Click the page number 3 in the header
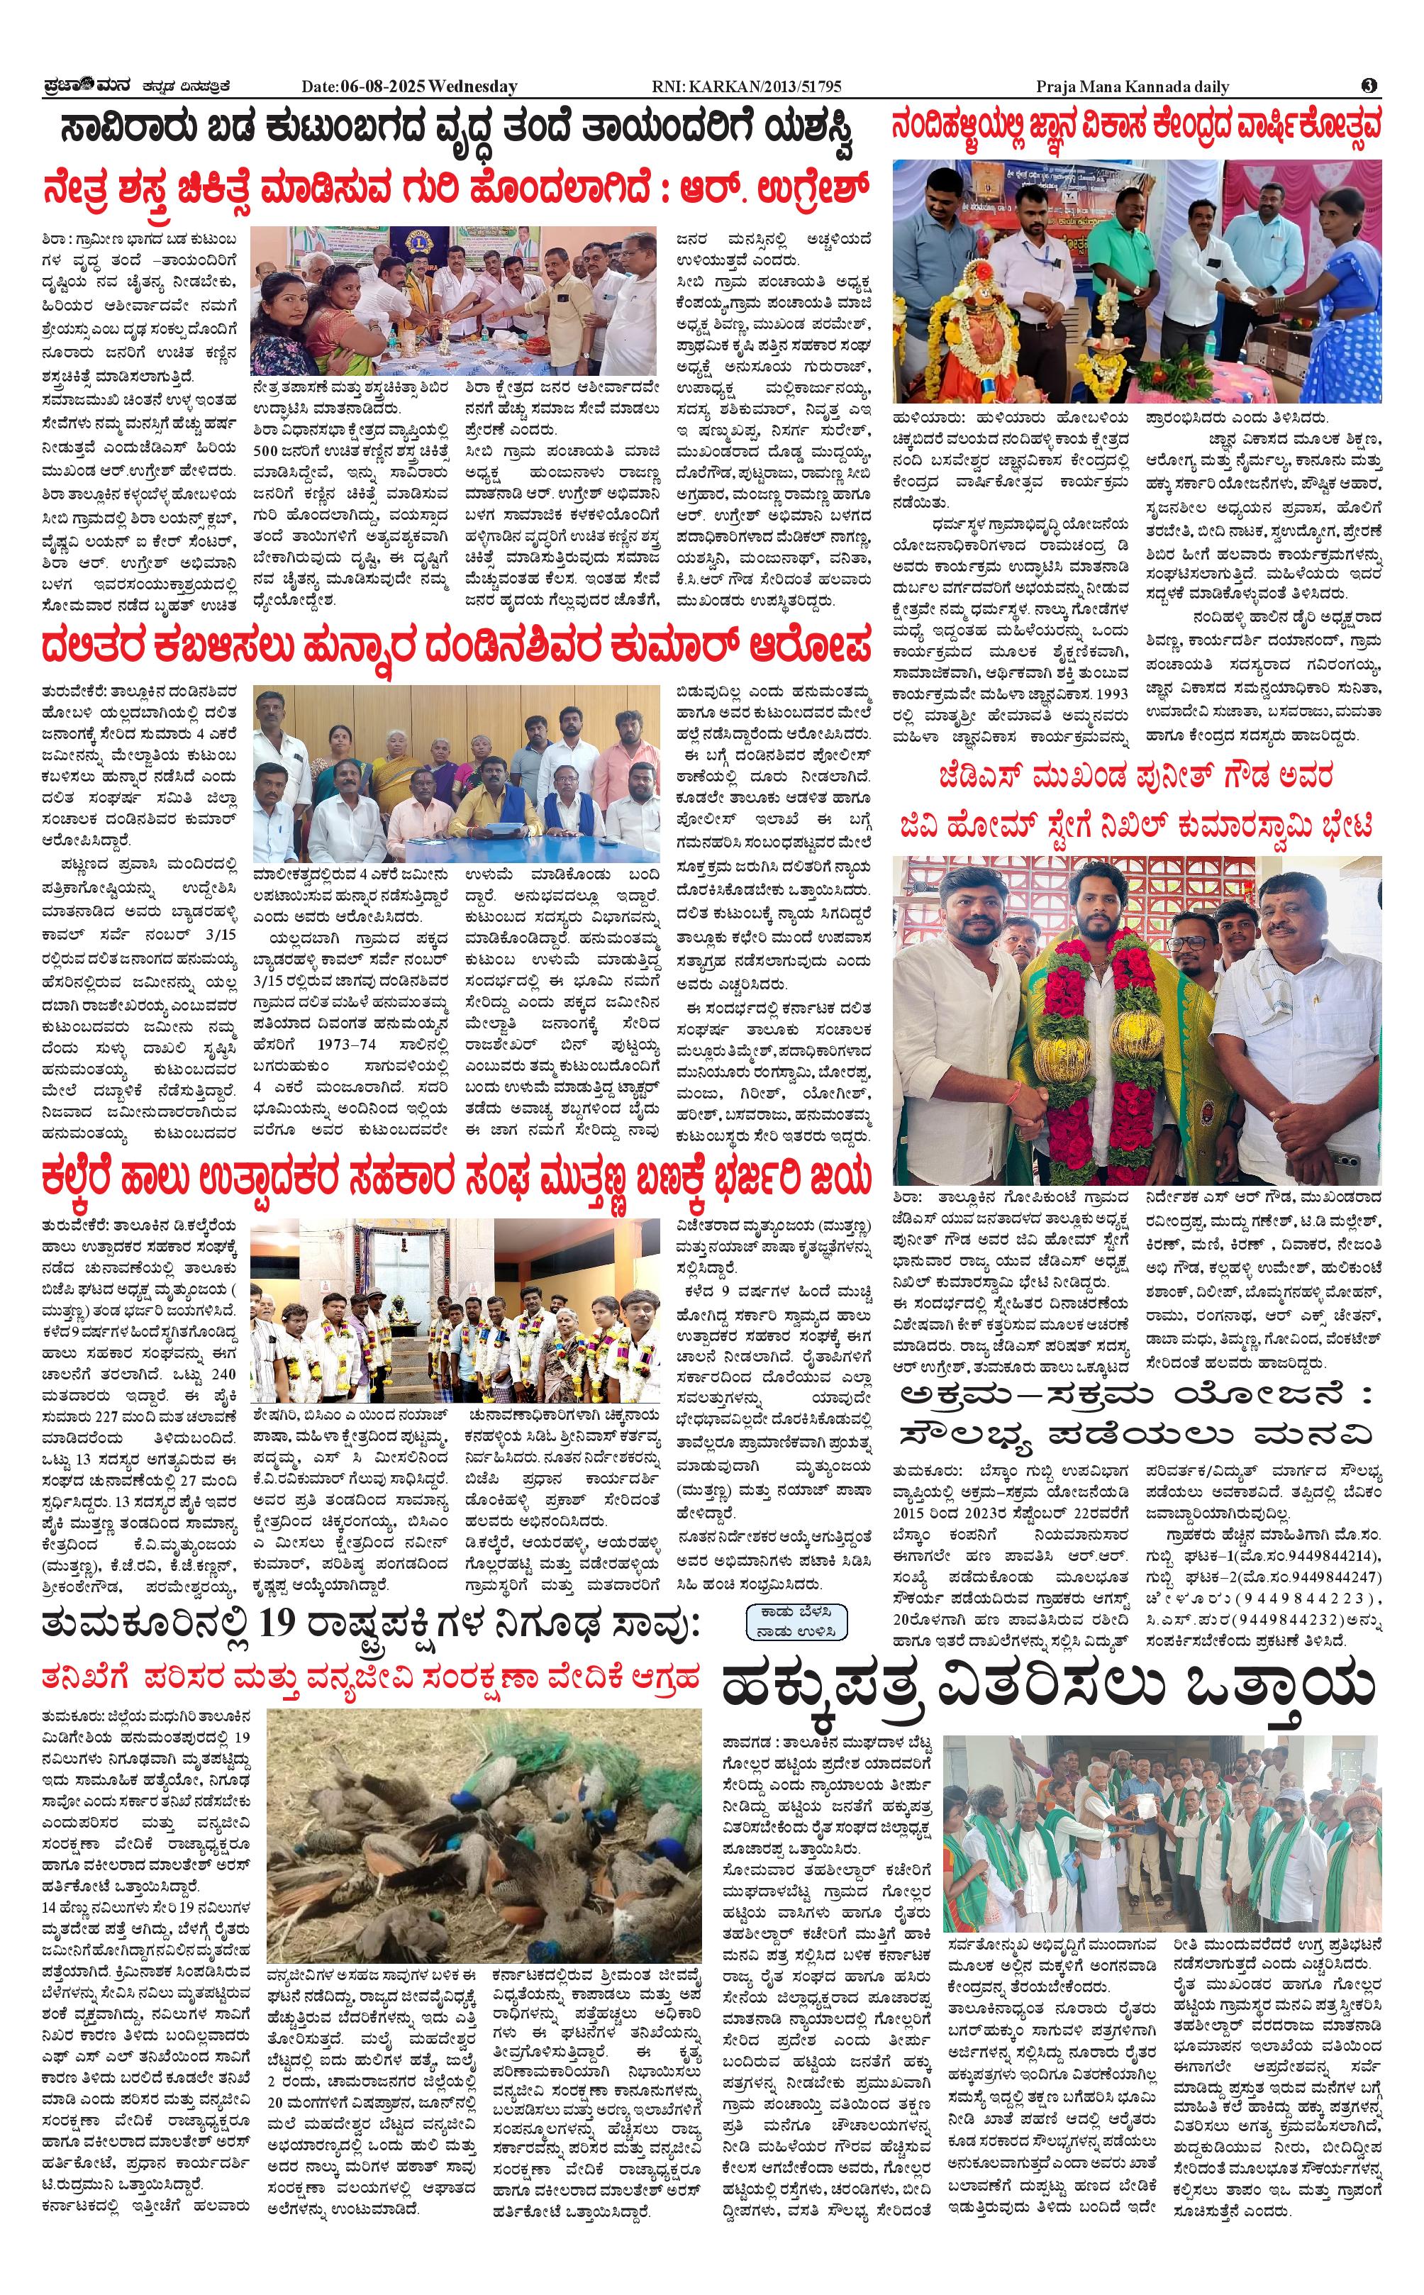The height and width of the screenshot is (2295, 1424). [1370, 86]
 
